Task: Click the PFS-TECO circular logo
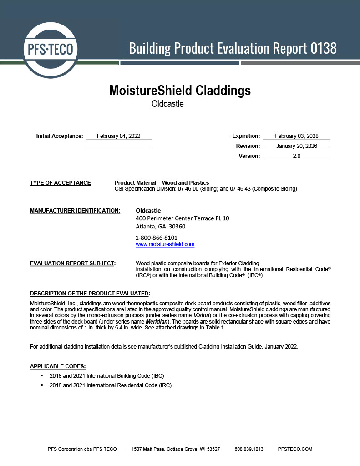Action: (51, 49)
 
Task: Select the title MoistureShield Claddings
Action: (180, 90)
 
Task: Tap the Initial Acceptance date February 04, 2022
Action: (118, 136)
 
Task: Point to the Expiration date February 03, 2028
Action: (296, 136)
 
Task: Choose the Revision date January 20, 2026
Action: (296, 146)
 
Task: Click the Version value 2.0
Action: (296, 156)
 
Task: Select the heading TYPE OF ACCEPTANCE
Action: (60, 183)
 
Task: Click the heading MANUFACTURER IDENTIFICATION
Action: (75, 211)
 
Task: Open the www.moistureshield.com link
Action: (165, 244)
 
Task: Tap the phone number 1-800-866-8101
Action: (157, 238)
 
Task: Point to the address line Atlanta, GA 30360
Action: (161, 226)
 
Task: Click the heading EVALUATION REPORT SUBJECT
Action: (73, 263)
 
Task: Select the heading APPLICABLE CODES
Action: (58, 366)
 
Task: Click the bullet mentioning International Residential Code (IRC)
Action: (110, 385)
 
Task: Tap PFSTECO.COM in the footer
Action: (295, 449)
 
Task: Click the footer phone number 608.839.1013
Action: (249, 449)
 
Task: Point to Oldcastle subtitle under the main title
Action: (167, 104)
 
